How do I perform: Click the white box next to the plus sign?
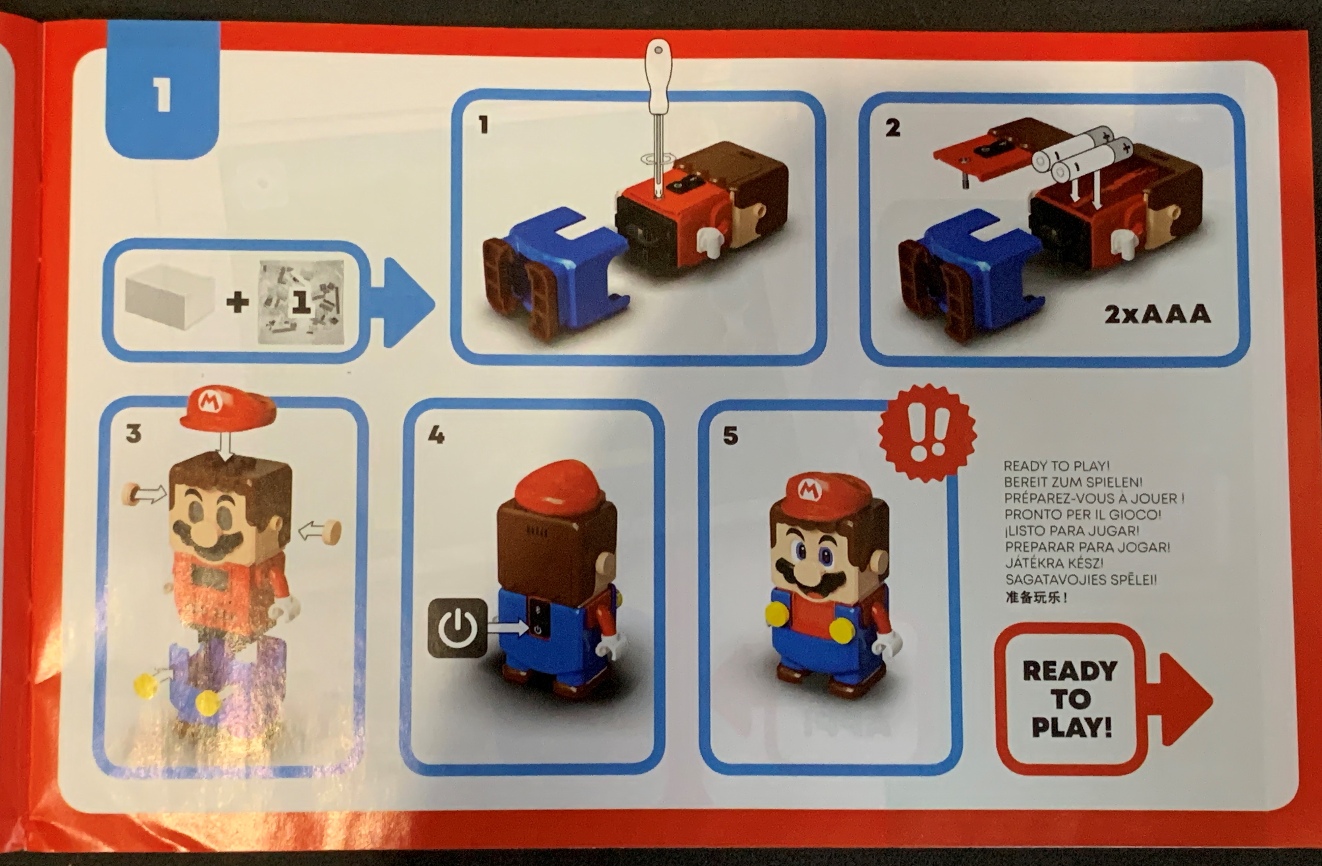click(169, 303)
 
